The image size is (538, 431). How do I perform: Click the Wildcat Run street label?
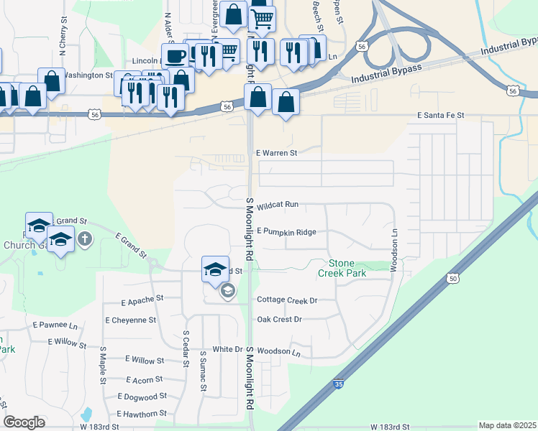click(x=277, y=205)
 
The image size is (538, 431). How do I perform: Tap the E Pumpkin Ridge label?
click(x=286, y=232)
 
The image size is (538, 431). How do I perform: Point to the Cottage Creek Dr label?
click(x=287, y=300)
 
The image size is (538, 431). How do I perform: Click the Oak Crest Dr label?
click(x=279, y=319)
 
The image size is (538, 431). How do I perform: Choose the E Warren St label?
click(x=277, y=153)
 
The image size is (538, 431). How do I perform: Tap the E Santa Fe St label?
click(x=441, y=115)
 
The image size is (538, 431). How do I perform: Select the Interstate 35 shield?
click(x=338, y=386)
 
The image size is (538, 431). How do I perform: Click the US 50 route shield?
click(x=452, y=278)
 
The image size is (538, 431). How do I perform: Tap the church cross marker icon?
click(x=85, y=238)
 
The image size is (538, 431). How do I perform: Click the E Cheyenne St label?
click(x=130, y=320)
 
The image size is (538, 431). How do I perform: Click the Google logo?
click(x=24, y=422)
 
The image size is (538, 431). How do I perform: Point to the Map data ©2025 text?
click(x=507, y=425)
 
